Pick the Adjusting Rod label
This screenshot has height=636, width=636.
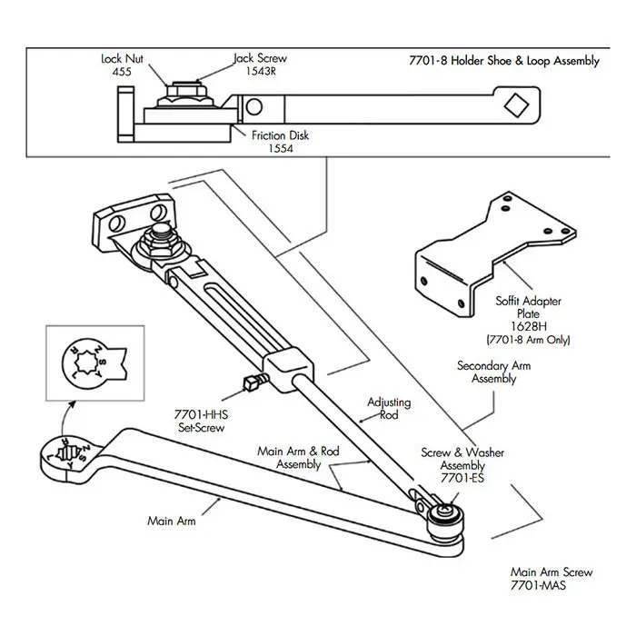(389, 408)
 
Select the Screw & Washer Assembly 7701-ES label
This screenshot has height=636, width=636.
(462, 464)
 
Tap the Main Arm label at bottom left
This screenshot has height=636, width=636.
(172, 522)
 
